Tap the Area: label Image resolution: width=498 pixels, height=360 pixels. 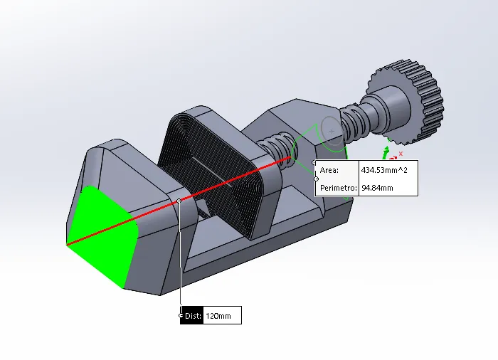click(330, 171)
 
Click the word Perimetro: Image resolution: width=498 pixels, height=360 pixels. click(337, 188)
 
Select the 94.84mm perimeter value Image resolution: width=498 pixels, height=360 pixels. click(377, 188)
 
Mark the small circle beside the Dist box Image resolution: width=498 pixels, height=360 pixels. click(181, 315)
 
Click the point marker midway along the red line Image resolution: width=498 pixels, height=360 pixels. click(180, 201)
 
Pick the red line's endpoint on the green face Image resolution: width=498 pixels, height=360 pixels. click(68, 245)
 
